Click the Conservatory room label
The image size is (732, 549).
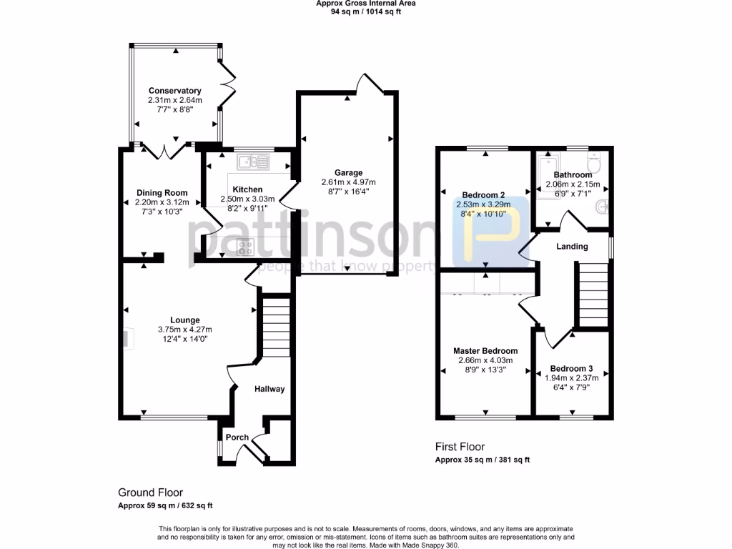pyautogui.click(x=174, y=91)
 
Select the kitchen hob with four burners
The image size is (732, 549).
pyautogui.click(x=246, y=247)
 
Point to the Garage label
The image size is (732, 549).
pyautogui.click(x=348, y=172)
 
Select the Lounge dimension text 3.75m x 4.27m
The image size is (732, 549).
pyautogui.click(x=185, y=330)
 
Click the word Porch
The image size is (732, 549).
pyautogui.click(x=237, y=437)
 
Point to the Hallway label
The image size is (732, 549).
pyautogui.click(x=270, y=389)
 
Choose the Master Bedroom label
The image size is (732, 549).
pyautogui.click(x=485, y=351)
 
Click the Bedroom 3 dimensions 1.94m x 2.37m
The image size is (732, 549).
pyautogui.click(x=572, y=377)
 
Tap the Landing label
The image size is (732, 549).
pyautogui.click(x=572, y=247)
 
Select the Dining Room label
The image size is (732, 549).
pyautogui.click(x=162, y=192)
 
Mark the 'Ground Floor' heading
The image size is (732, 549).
pyautogui.click(x=150, y=493)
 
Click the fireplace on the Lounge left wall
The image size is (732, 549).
pyautogui.click(x=127, y=338)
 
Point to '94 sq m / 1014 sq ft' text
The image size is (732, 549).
pyautogui.click(x=366, y=11)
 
